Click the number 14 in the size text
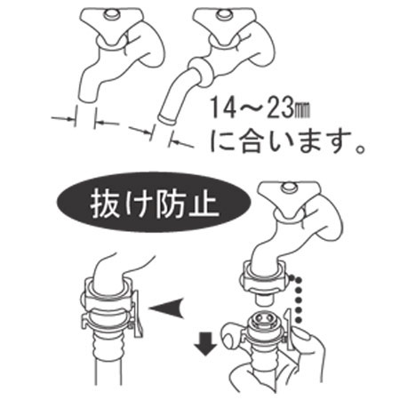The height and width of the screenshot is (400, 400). tap(223, 108)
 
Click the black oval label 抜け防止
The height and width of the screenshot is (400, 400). tap(154, 202)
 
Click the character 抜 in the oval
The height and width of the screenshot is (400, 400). tap(104, 204)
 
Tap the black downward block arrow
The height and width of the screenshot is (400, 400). tap(206, 343)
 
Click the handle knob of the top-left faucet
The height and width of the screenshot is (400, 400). tap(112, 14)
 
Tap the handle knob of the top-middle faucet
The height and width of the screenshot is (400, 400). tap(223, 15)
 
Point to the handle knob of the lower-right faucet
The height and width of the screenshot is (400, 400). tap(289, 187)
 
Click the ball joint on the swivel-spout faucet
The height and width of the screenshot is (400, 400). tap(202, 72)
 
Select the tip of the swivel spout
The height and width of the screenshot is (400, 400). tap(167, 120)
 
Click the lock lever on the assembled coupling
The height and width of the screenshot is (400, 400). tap(137, 314)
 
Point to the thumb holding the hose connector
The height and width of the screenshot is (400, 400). tap(233, 333)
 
